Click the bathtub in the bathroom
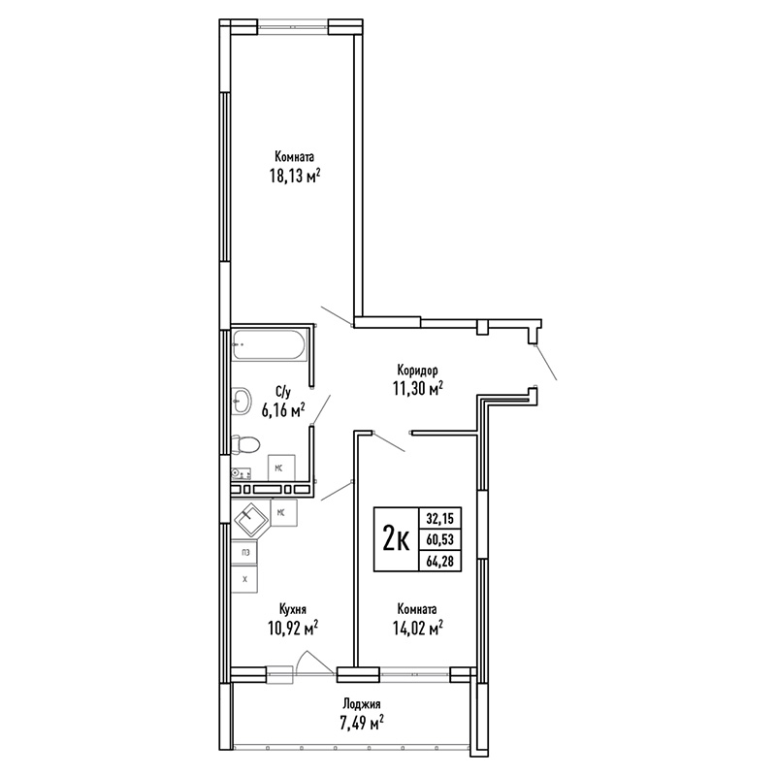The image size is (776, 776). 270,344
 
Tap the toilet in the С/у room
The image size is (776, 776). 245,444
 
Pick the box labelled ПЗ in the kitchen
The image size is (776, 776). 245,553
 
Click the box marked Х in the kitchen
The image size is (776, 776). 245,578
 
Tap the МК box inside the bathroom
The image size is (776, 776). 281,468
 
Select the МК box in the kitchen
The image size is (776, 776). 284,513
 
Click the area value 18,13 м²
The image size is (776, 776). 295,176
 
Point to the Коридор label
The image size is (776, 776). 417,371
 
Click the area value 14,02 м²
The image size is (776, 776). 417,628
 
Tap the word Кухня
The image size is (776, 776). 293,609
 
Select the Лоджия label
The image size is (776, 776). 362,704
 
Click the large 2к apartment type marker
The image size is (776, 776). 396,540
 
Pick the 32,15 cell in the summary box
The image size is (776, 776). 440,519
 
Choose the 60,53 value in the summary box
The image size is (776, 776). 440,540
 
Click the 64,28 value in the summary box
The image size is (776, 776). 440,562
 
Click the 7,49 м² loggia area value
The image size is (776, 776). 360,724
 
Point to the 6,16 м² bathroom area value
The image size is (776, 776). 282,409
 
